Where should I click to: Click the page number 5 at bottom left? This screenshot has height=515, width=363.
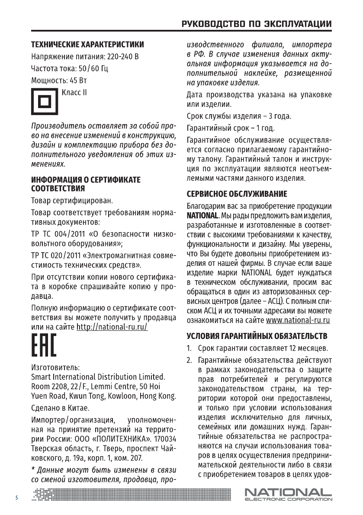click(x=16, y=498)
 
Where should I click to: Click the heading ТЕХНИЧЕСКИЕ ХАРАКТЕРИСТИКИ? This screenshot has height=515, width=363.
click(x=87, y=45)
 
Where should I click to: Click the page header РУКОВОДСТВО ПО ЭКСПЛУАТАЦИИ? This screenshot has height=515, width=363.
click(x=257, y=24)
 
